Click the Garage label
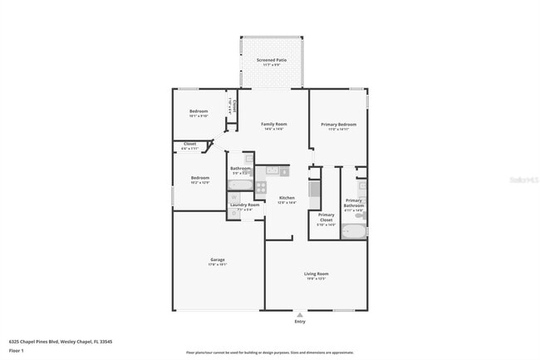click(218, 260)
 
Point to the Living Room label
click(316, 274)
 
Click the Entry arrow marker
click(300, 314)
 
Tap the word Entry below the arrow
click(300, 322)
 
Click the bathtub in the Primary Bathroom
click(354, 231)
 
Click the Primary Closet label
click(326, 218)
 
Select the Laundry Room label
click(245, 205)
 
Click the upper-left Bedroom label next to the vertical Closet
click(199, 111)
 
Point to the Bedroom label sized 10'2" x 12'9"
click(200, 178)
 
